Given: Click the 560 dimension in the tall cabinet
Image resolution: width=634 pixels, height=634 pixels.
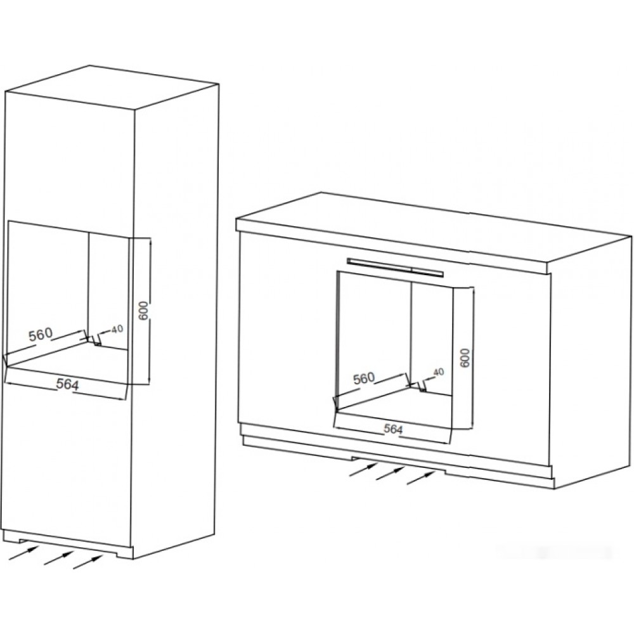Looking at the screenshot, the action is click(x=41, y=334).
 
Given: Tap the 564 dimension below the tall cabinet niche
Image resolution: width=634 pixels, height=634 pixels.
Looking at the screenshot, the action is click(x=67, y=384).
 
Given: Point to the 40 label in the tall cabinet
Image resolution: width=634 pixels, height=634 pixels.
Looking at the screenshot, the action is click(x=117, y=329).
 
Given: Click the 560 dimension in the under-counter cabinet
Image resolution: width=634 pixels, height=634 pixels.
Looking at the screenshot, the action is click(x=365, y=378).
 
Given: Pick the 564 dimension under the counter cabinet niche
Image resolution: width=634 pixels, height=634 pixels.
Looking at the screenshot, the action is click(x=393, y=429).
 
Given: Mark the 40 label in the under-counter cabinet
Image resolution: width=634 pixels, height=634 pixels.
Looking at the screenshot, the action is click(x=438, y=372).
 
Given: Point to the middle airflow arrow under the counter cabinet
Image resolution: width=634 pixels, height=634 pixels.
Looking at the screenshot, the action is click(x=391, y=474).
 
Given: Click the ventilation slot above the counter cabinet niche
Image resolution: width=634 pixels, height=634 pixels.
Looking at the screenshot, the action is click(x=396, y=268).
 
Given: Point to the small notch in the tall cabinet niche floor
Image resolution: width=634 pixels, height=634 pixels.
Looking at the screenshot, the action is click(x=97, y=343).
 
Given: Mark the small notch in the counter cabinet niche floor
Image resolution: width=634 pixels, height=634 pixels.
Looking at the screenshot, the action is click(x=422, y=388).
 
